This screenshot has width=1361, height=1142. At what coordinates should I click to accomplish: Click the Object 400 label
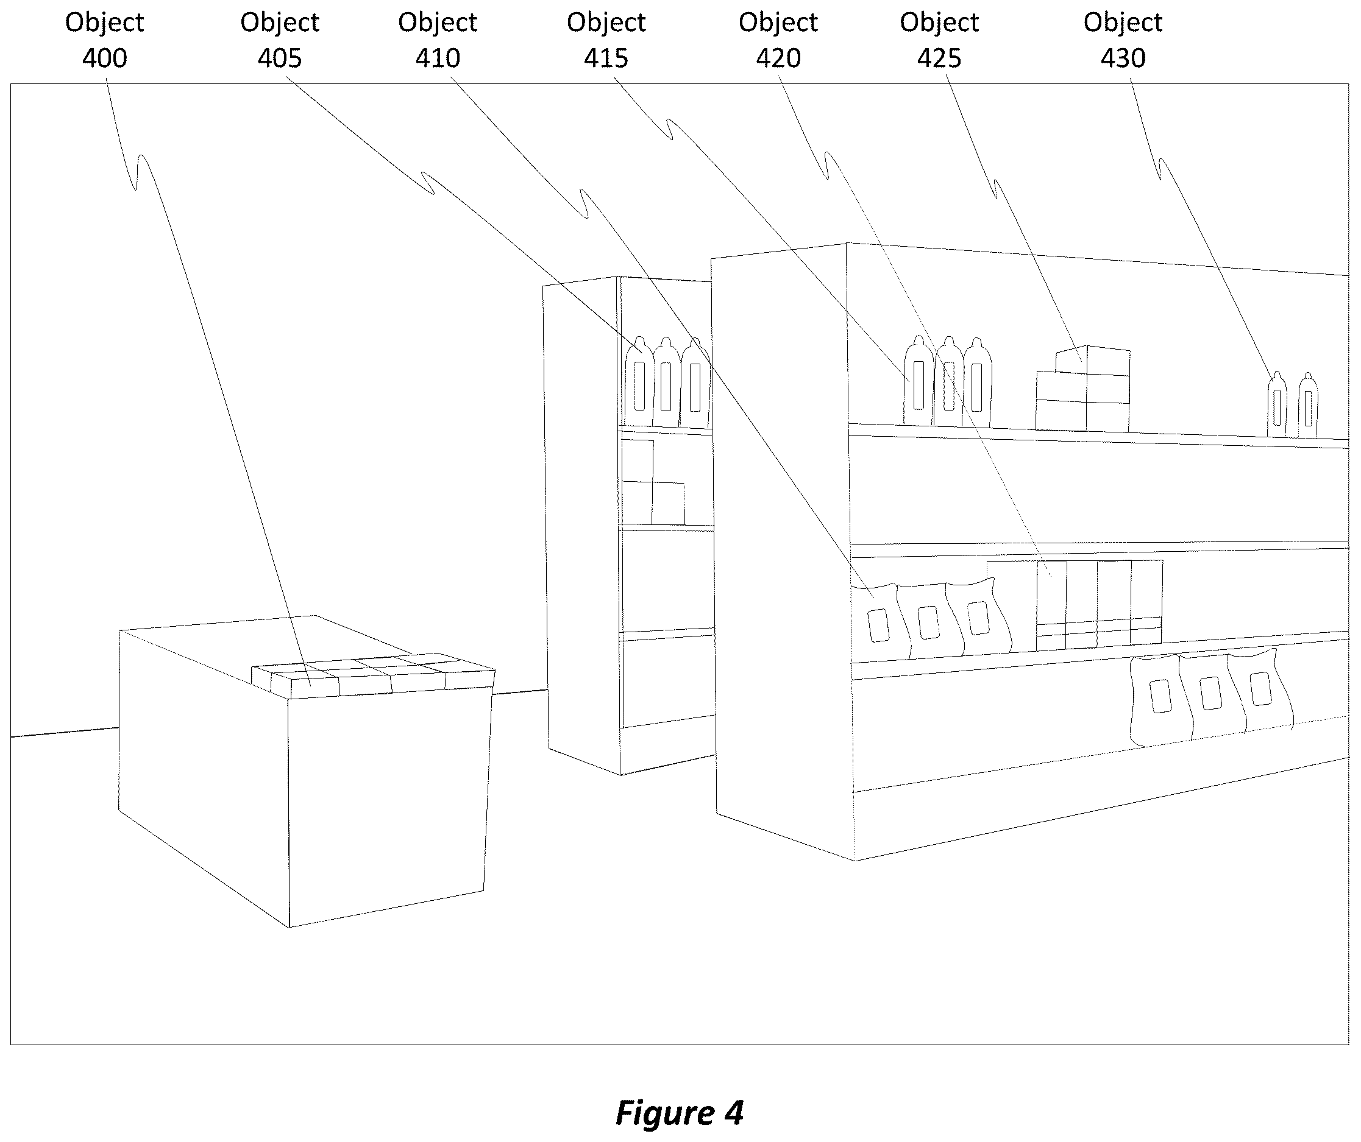(104, 40)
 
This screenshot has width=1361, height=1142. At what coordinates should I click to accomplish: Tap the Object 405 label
(280, 40)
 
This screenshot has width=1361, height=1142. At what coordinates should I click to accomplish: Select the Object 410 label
(438, 40)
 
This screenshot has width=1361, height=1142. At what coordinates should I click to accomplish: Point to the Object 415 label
(606, 40)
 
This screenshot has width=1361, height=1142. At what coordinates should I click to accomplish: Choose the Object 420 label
(778, 40)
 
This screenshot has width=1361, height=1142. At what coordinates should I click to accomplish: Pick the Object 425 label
(939, 40)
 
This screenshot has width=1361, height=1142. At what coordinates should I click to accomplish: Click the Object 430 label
(1123, 40)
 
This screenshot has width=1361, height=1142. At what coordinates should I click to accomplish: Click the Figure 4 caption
(679, 1112)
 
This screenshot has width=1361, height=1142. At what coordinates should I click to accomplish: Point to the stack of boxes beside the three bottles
(1083, 389)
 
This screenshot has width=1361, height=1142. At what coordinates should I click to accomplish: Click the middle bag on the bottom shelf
(1210, 696)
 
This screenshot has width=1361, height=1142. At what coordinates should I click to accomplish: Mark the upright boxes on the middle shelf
(1075, 605)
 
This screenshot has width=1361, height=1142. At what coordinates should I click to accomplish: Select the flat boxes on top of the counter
(373, 675)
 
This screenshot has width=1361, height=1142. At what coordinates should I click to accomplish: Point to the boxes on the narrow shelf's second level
(653, 482)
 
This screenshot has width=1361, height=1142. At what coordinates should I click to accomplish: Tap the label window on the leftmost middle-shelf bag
(878, 626)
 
